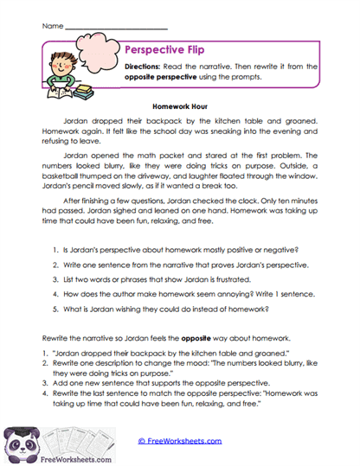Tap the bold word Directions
[x=145, y=67]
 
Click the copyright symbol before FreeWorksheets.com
[x=141, y=440]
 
